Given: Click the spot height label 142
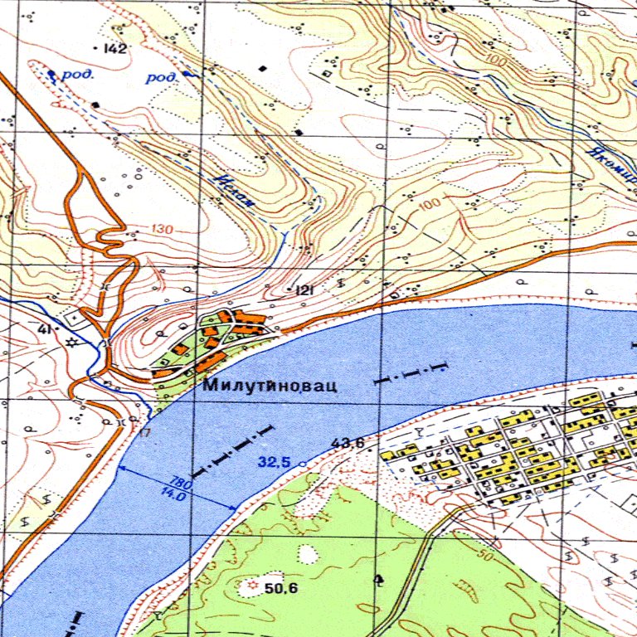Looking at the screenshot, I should point(115,49).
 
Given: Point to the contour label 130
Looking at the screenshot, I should point(163,230).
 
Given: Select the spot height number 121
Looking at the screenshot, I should point(304,290).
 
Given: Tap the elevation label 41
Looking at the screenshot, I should point(44,330).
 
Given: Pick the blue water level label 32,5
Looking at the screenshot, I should point(273,463).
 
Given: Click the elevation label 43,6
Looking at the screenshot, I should point(348,444).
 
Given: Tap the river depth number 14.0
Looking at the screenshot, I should point(173,493).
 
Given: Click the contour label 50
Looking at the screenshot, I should point(485,553).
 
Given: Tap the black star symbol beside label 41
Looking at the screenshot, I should point(71,342).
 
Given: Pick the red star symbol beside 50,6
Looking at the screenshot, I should point(253,586).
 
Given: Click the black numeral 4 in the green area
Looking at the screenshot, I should point(379,579).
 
